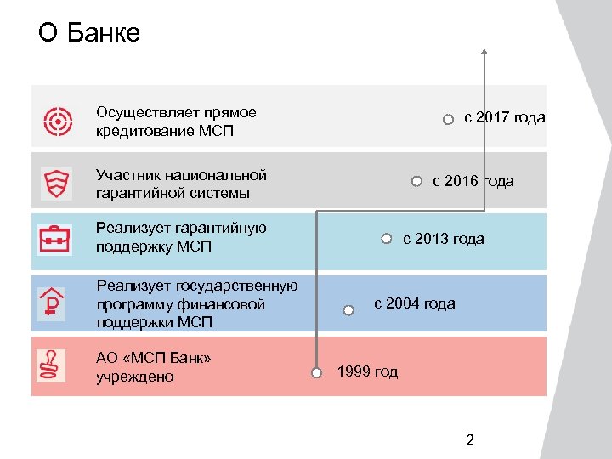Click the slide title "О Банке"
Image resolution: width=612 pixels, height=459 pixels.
(x=89, y=33)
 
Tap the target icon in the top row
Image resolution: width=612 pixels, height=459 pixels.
(x=58, y=122)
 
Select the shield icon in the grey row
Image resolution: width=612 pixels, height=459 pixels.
(x=57, y=183)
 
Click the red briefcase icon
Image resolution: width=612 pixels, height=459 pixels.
(x=56, y=239)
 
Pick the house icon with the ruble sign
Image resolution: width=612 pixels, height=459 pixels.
(x=52, y=302)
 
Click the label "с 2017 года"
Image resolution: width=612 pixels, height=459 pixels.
(x=504, y=118)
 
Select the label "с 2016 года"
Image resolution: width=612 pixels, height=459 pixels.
(x=473, y=181)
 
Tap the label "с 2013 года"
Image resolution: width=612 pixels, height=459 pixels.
(x=443, y=239)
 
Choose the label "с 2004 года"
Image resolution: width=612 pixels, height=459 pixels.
(x=414, y=303)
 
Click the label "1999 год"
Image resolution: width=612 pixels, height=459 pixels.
(x=367, y=371)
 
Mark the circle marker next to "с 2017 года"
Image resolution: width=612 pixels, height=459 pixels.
(x=448, y=120)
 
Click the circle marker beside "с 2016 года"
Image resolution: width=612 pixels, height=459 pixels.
(x=416, y=181)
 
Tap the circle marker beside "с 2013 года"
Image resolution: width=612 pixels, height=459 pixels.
(x=386, y=239)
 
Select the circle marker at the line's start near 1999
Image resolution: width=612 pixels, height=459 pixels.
(x=315, y=372)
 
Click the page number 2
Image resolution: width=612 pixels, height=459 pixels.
(x=471, y=439)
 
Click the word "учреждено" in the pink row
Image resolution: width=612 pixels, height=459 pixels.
(x=135, y=377)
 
